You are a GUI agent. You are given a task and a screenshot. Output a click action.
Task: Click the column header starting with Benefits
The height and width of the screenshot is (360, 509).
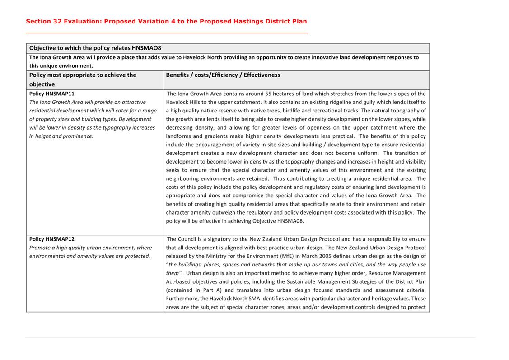[x=223, y=75]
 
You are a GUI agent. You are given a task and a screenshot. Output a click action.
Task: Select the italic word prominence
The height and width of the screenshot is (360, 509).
[x=77, y=136]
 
